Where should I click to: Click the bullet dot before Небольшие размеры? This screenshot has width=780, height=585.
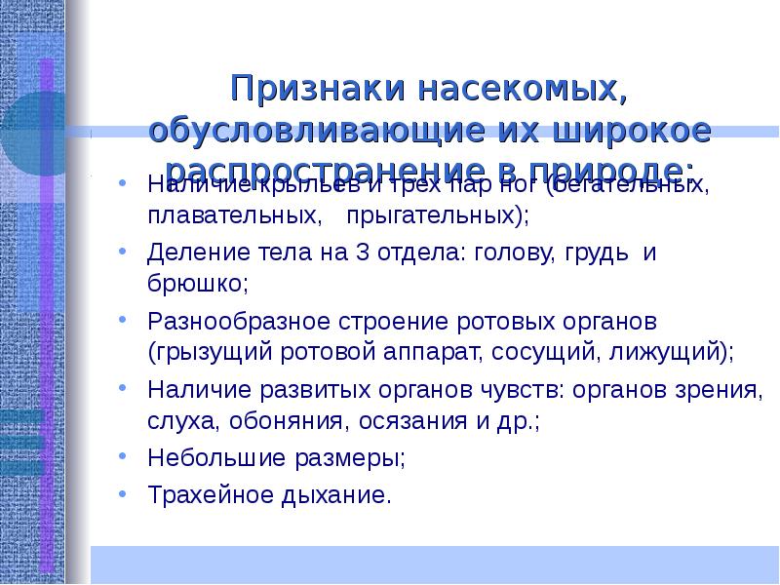pos(122,455)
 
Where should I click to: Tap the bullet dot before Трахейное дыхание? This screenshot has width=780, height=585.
pos(122,492)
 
